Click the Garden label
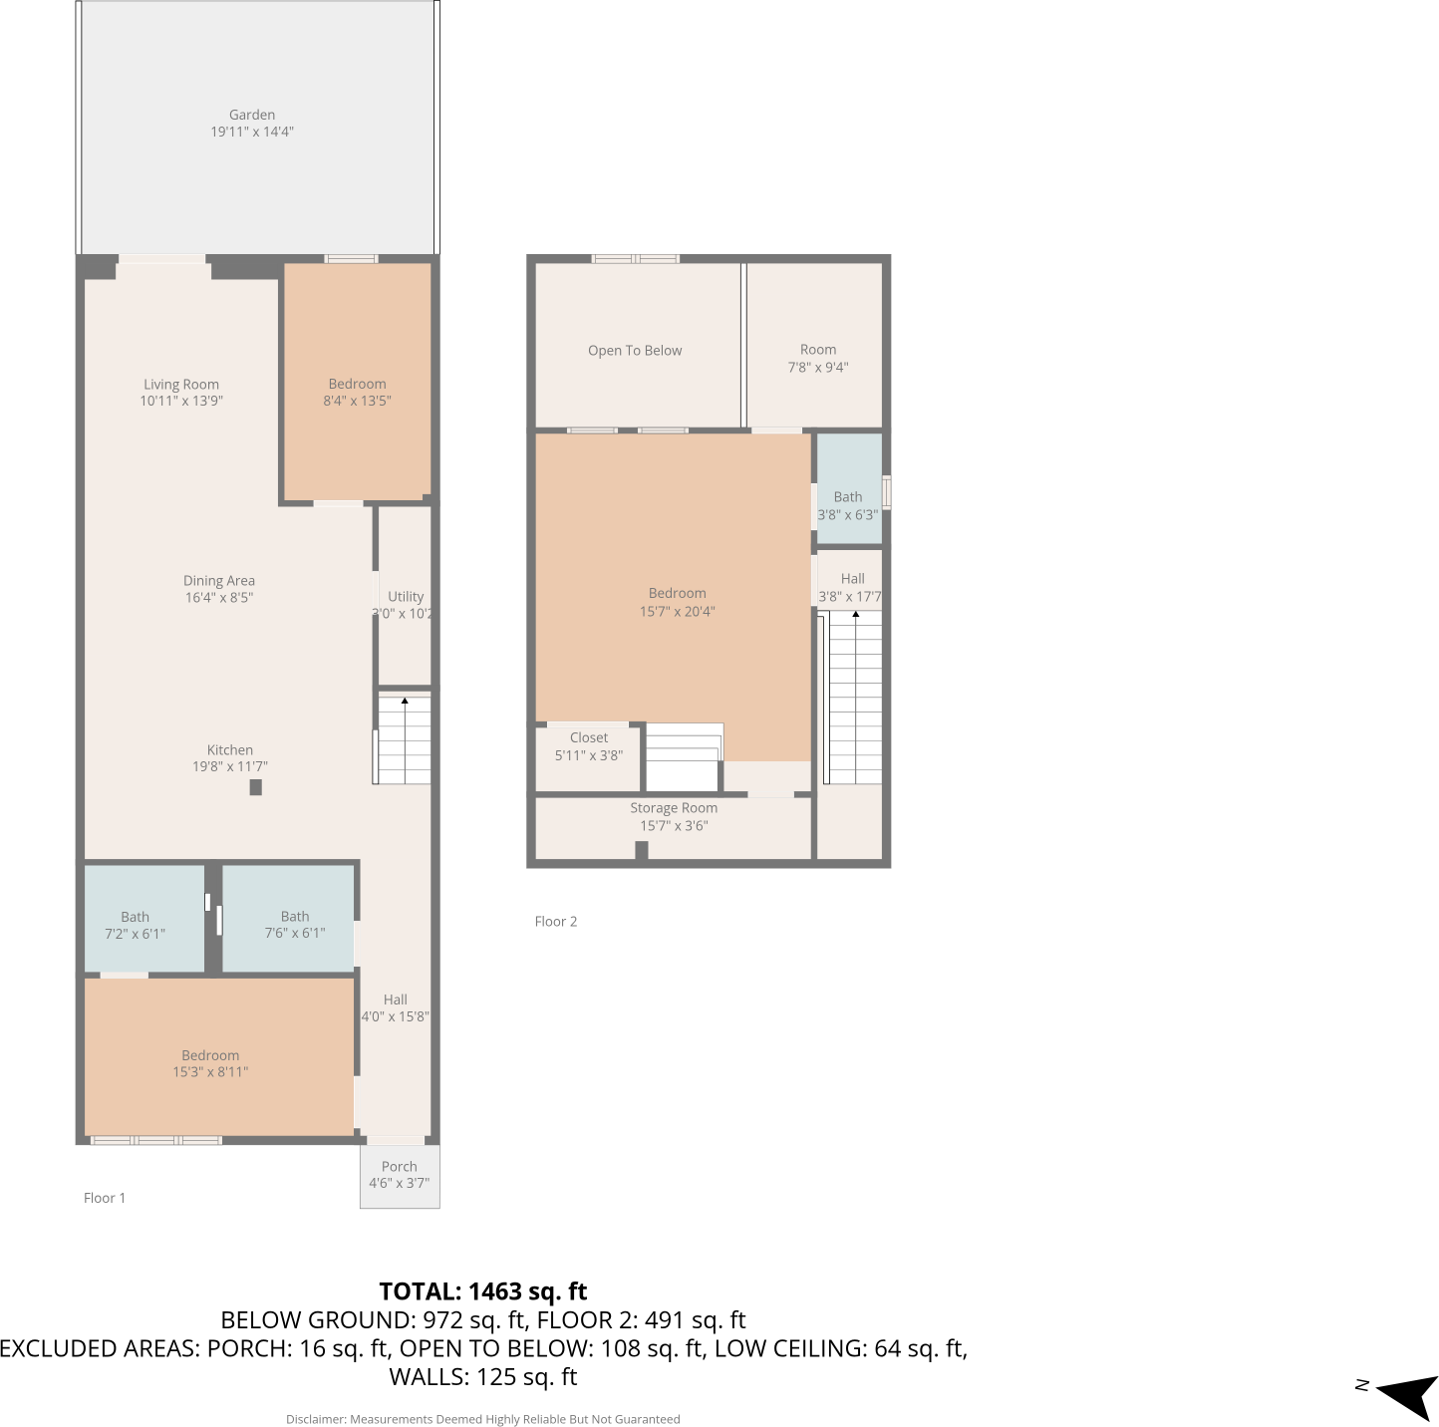coord(251,115)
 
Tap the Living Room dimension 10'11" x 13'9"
coord(181,402)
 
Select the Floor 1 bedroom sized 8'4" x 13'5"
coord(357,392)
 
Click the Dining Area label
coord(219,581)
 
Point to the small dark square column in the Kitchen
coord(256,787)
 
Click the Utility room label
coord(406,596)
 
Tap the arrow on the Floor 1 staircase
coord(405,702)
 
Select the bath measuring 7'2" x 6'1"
coord(136,925)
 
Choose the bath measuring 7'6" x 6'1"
coord(294,925)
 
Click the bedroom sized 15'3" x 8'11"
coord(210,1063)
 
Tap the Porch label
coord(399,1166)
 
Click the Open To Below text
coord(635,351)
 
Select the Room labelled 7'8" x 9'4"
coord(817,358)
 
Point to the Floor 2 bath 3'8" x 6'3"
coord(848,505)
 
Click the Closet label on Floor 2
coord(589,737)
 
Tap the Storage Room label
coord(674,808)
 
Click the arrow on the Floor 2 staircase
coord(855,615)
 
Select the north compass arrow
coord(1409,1395)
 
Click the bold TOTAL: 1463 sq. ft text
coord(483,1291)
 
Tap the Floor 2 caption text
coord(556,922)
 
